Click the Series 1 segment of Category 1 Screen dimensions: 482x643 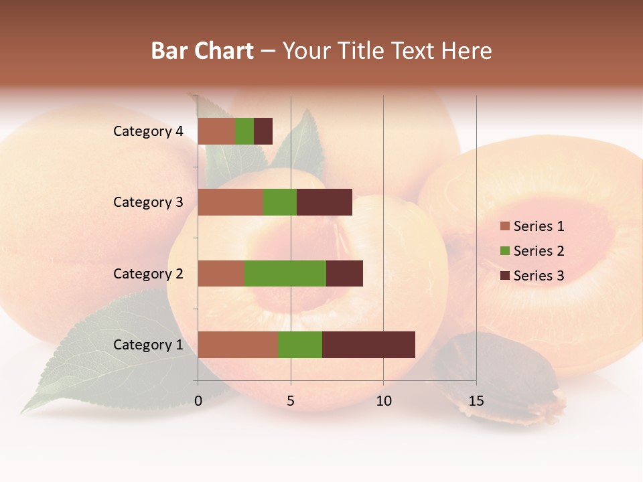pos(238,345)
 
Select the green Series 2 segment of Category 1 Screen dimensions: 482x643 pos(300,345)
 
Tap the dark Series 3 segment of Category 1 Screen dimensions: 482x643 pos(368,345)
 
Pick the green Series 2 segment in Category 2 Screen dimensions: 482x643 pos(285,273)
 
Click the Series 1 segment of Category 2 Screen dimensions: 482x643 pos(221,273)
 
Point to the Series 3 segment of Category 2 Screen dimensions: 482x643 pos(344,273)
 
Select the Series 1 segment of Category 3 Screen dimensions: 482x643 pos(230,202)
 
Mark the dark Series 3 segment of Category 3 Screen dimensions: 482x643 pos(324,202)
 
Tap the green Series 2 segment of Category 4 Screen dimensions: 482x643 pos(244,131)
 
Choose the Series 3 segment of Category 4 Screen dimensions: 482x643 pos(263,131)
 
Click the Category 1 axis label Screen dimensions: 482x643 pos(148,345)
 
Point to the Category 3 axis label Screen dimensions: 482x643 pos(148,202)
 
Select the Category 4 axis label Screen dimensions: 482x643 pos(148,131)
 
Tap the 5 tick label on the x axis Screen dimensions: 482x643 pos(291,402)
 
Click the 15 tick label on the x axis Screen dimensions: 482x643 pos(476,402)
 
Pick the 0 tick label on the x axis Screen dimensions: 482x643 pos(198,402)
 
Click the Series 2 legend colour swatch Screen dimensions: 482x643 pos(504,251)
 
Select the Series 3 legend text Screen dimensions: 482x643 pos(539,276)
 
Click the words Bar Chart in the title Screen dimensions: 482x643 pos(202,51)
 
